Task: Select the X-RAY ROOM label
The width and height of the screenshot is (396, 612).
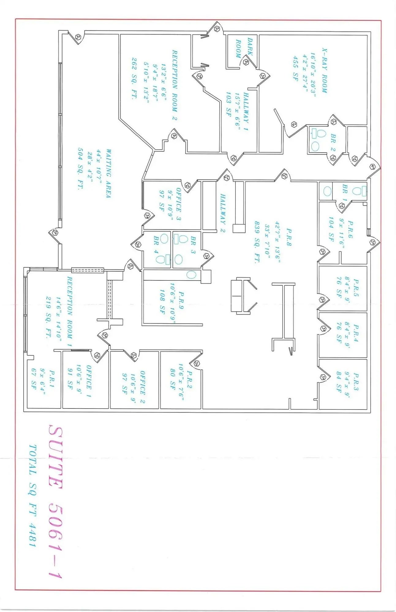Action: tap(324, 70)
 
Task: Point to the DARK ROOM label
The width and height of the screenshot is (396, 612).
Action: tap(244, 48)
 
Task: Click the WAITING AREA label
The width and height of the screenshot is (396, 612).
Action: tap(108, 173)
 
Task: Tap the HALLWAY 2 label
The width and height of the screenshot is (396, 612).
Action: tap(223, 213)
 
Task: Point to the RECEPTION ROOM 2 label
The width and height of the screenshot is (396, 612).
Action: tap(175, 85)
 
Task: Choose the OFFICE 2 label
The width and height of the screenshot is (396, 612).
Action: tap(142, 387)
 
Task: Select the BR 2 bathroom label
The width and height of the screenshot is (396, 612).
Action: tap(333, 139)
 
